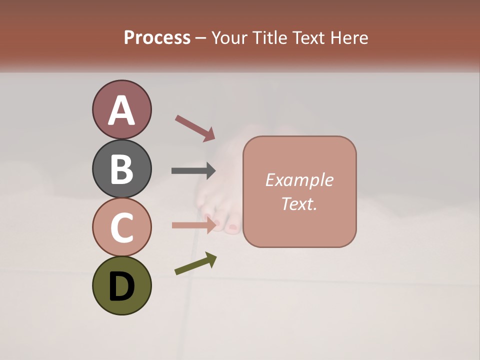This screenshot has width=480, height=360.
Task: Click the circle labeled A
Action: (x=121, y=109)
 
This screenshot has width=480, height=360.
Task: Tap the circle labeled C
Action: (x=121, y=227)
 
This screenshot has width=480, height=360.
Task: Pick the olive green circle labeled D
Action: (x=121, y=285)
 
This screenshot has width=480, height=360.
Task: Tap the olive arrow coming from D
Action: (x=195, y=263)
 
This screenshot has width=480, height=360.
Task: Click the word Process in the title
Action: (x=157, y=37)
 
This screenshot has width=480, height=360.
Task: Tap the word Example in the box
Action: (x=299, y=180)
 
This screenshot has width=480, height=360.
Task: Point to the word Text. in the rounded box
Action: (x=299, y=204)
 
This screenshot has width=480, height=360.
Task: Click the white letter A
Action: (x=121, y=110)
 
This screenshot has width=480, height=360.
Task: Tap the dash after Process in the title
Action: (x=201, y=38)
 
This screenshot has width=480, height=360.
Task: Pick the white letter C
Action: (x=121, y=227)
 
